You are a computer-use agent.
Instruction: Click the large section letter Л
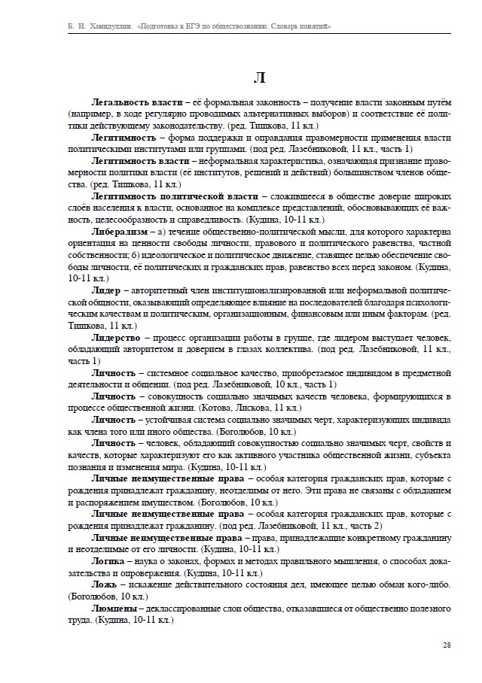click(258, 77)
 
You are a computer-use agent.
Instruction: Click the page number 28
click(447, 645)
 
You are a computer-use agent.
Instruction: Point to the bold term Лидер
click(106, 290)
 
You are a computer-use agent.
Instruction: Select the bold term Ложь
click(105, 584)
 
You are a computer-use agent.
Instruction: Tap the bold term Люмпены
click(114, 609)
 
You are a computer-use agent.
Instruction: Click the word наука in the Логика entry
click(146, 561)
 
